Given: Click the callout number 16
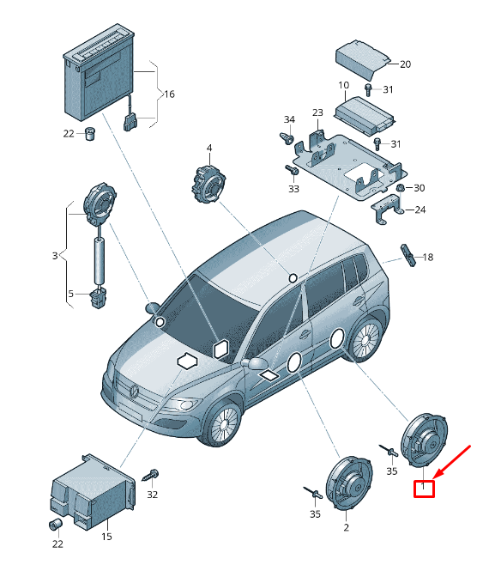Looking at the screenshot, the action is coord(169,94).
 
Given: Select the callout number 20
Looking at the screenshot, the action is coord(405,64).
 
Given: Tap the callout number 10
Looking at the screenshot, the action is coord(343,85).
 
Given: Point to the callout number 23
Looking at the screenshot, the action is coord(317,112).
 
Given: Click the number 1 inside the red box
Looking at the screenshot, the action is coord(423,487).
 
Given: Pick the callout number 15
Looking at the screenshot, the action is coord(106,537).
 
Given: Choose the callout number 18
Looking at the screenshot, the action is coord(428,258).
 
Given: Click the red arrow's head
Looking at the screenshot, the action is coord(437,476).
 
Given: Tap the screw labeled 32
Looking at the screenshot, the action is coord(151,476).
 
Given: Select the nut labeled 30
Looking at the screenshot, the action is coord(400,188).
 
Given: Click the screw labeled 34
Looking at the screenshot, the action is coord(287,138).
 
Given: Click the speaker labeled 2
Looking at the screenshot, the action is coord(348,483).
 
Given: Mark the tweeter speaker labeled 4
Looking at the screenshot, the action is coord(208,184).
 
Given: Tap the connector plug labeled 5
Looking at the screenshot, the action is coord(98,297).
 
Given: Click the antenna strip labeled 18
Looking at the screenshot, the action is coord(408,256).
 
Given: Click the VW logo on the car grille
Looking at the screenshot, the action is coord(135,392).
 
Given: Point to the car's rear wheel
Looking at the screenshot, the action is coord(366,339).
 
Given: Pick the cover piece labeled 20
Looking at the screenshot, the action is coord(363,59).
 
